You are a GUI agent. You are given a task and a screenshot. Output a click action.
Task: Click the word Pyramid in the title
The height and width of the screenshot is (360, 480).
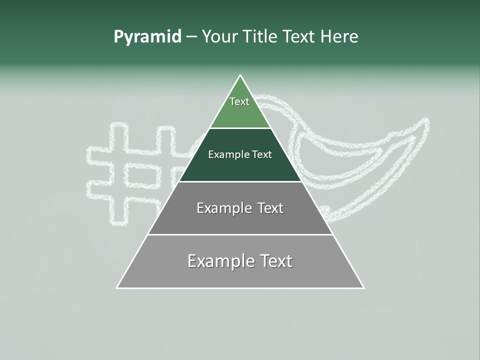[147, 37]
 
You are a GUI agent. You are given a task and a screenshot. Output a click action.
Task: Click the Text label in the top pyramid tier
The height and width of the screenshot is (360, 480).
[239, 101]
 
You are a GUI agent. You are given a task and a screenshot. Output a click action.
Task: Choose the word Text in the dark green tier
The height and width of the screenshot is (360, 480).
[262, 155]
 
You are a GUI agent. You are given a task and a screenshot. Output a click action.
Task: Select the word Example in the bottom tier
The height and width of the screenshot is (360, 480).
[219, 261]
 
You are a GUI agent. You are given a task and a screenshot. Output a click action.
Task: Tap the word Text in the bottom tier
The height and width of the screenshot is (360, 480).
[276, 261]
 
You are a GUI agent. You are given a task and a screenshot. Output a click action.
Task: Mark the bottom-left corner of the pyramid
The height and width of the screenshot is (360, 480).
[117, 287]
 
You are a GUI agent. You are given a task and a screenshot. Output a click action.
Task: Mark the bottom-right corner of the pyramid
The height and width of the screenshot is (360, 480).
[363, 287]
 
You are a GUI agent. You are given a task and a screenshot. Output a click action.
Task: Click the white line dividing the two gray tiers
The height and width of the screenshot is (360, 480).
[240, 234]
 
